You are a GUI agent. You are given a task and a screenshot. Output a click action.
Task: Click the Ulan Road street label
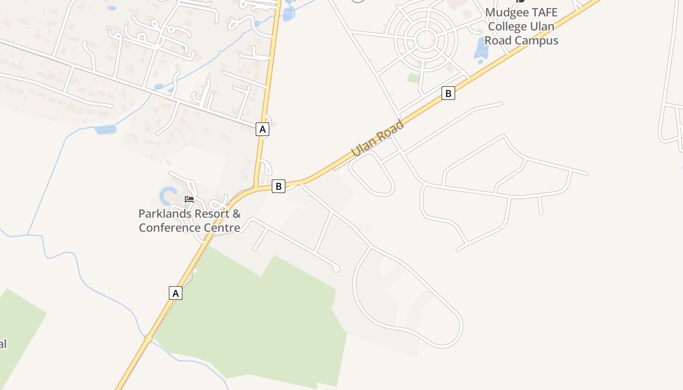pos(378,138)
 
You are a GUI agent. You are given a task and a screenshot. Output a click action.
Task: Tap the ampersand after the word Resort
pos(236,214)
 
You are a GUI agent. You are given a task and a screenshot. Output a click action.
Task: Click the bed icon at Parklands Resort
pos(189,199)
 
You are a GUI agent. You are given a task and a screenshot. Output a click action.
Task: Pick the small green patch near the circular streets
pos(413,78)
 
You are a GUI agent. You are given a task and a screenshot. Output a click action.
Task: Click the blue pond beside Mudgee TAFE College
pos(481,49)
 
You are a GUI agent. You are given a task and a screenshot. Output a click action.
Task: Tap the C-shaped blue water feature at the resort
pos(166,195)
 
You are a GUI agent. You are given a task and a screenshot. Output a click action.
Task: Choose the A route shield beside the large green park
pos(176,293)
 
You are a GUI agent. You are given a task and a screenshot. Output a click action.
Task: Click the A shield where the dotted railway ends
pos(262,129)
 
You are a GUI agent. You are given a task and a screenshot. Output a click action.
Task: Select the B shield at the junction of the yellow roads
pos(279,186)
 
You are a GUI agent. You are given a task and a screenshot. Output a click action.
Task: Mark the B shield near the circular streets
pos(448,93)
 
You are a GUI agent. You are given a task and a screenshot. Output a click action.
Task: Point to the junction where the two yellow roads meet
pos(255,188)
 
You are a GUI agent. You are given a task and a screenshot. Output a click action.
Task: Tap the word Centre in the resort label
pos(221,228)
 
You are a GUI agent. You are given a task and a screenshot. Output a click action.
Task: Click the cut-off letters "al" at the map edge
pos(3,344)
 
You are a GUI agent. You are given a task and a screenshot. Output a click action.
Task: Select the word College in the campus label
pos(507,26)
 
